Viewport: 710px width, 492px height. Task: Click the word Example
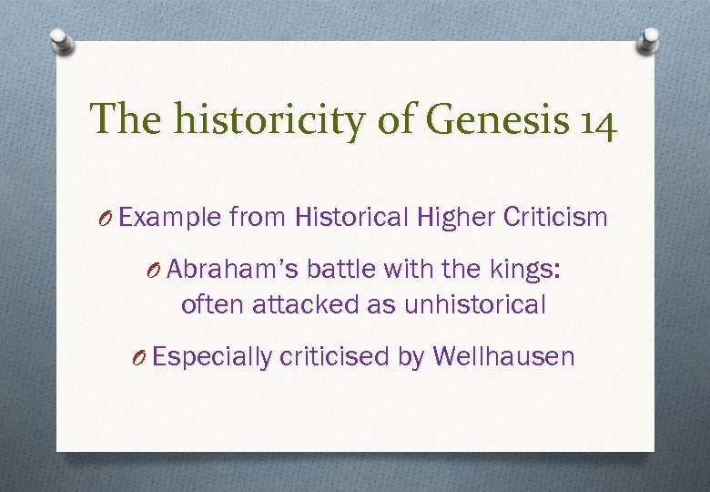(x=170, y=218)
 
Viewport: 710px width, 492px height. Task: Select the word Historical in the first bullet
(x=352, y=217)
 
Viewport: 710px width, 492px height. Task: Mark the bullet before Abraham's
(x=156, y=271)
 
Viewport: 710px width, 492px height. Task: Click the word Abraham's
(x=233, y=270)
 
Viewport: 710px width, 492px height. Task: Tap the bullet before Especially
(x=140, y=357)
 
